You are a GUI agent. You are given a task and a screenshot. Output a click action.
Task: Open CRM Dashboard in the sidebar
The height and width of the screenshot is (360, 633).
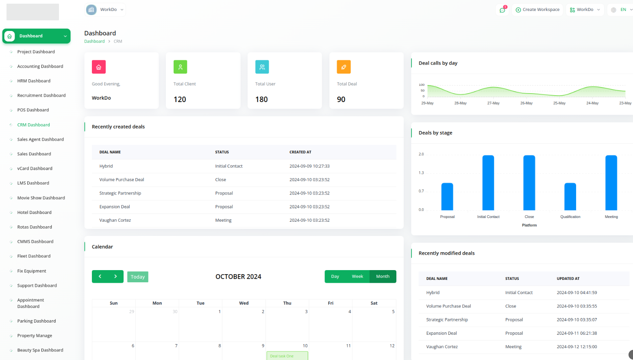click(x=33, y=125)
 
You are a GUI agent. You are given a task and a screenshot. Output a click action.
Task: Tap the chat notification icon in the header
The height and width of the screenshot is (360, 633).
click(x=502, y=10)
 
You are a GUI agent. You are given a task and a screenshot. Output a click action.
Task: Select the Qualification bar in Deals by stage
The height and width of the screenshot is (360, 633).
click(x=570, y=196)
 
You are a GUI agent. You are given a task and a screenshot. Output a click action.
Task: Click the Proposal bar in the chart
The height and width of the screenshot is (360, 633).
click(x=447, y=196)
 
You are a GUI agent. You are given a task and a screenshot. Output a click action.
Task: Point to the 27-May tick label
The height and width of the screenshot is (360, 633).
click(x=493, y=103)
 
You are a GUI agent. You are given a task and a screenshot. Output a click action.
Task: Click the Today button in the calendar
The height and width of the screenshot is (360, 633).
click(x=138, y=277)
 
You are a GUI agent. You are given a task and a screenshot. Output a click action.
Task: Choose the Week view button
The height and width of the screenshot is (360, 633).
click(x=357, y=277)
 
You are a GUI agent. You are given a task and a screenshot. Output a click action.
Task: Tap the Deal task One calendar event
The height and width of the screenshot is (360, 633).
click(x=287, y=356)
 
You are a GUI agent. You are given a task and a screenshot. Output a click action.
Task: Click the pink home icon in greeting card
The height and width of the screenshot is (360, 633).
click(x=99, y=67)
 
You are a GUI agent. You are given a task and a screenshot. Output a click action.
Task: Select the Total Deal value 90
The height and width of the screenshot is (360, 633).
click(x=341, y=100)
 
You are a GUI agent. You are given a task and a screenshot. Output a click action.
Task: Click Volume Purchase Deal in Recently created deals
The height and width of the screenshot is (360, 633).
click(x=122, y=180)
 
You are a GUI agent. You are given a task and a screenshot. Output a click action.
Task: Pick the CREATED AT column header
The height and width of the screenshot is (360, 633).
click(x=300, y=152)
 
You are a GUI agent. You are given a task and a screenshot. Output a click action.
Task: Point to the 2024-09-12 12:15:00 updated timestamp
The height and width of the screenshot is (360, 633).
click(x=576, y=347)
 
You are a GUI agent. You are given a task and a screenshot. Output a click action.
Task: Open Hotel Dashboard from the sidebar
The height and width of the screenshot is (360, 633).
click(x=34, y=212)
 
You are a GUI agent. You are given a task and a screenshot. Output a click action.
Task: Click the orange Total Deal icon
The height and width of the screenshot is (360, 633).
click(x=344, y=67)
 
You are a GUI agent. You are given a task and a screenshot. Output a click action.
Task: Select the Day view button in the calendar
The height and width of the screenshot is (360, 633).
click(x=335, y=277)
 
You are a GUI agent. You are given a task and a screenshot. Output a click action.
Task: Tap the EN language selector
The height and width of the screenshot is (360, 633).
click(x=622, y=10)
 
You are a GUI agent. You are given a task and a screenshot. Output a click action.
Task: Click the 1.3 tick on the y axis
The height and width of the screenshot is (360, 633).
click(x=421, y=173)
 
